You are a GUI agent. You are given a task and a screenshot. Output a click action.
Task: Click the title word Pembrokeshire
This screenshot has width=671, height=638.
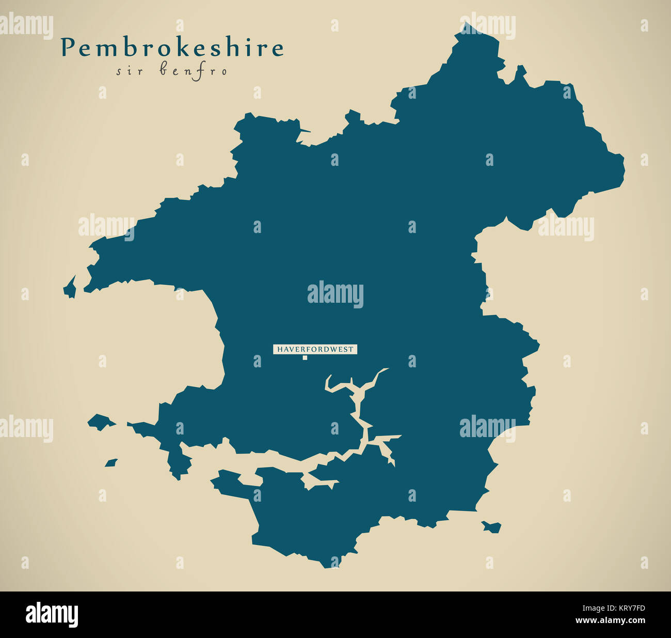click(x=172, y=48)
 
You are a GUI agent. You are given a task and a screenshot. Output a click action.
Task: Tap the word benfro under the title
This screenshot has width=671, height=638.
click(x=193, y=71)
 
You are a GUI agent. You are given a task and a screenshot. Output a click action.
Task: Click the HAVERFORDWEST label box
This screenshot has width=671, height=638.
click(x=315, y=349)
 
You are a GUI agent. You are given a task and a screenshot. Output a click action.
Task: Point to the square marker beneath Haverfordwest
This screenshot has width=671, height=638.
click(x=305, y=357)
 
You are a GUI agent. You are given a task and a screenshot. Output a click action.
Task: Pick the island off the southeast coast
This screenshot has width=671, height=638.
click(x=492, y=526)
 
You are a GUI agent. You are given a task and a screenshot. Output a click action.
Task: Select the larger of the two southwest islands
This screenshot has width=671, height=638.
click(x=101, y=422)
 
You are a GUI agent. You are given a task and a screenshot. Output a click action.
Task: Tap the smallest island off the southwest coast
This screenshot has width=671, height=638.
click(x=111, y=463)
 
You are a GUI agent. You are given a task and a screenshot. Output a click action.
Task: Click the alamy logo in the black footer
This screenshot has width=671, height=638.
click(x=52, y=615)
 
